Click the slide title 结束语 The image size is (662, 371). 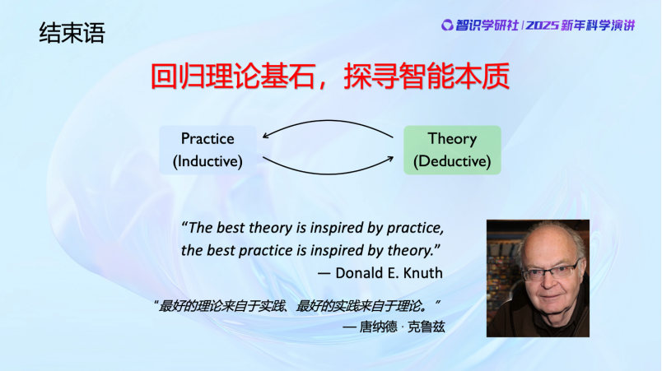[72, 33]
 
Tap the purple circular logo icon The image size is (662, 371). [446, 26]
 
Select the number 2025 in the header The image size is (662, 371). [542, 26]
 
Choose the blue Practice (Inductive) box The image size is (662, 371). [207, 150]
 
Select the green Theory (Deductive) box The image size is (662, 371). [452, 150]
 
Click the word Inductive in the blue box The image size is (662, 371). [207, 161]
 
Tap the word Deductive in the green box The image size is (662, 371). [452, 161]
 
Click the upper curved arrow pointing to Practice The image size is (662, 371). [328, 121]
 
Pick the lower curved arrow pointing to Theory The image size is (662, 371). [328, 174]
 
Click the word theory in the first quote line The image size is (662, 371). [270, 228]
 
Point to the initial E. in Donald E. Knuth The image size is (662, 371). [392, 273]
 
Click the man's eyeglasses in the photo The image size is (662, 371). [551, 271]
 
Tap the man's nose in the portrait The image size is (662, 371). [549, 281]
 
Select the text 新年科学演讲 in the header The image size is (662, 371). [598, 26]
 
